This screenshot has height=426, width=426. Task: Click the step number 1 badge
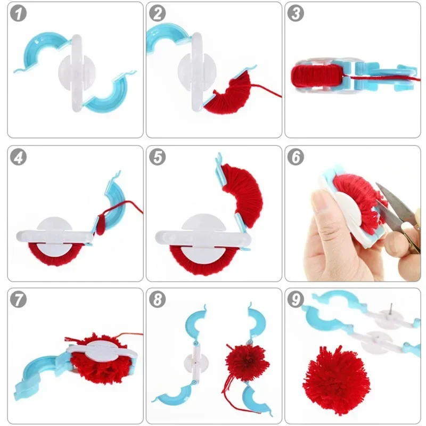point(19,14)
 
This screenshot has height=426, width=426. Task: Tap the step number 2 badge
point(157,14)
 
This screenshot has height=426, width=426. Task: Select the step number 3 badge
point(296,14)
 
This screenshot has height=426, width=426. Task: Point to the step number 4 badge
point(19,158)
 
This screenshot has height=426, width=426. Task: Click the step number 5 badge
point(157,158)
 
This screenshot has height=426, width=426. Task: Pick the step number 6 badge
point(296,158)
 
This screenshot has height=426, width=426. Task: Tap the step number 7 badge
point(19,300)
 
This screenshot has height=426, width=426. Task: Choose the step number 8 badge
point(157,300)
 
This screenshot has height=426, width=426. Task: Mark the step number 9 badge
point(296,300)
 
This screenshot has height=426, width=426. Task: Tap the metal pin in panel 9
point(390,309)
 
